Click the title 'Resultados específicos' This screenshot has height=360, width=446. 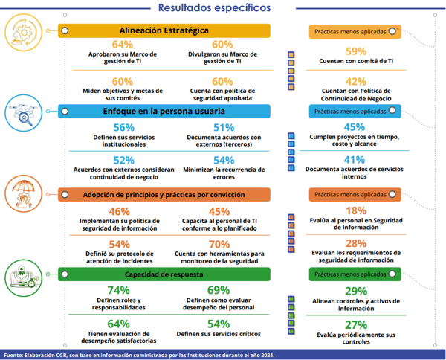coord(214,7)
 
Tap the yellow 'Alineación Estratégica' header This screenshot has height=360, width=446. coord(164,30)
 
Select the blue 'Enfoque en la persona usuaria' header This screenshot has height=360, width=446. coord(164,111)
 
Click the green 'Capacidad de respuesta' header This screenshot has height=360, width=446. coord(164,274)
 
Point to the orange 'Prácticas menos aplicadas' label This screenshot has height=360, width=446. coord(355,195)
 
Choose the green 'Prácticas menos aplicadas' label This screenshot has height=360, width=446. coord(355,274)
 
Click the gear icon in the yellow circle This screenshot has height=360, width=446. coord(24,33)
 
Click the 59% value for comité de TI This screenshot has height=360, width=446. coord(356,51)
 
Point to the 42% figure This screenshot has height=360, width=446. coord(356,81)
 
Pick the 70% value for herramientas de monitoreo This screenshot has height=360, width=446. coord(219,244)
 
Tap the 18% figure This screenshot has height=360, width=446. coord(356,210)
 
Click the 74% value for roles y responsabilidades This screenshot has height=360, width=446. coord(119,290)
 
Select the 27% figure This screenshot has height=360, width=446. coord(356,325)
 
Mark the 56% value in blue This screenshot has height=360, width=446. coord(124,127)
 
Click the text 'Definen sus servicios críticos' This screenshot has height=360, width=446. coord(219,334)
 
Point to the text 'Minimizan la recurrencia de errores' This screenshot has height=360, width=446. coord(224,173)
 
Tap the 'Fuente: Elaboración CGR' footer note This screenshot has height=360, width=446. coord(139,355)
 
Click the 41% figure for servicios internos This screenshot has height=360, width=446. coord(355,160)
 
